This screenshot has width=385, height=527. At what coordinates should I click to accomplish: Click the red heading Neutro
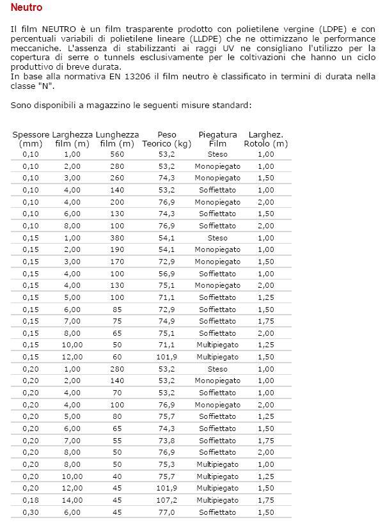[27, 8]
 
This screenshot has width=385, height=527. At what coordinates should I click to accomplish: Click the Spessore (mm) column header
[31, 139]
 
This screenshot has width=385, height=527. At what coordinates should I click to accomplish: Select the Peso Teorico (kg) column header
[166, 139]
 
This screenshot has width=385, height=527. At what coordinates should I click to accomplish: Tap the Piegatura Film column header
[217, 139]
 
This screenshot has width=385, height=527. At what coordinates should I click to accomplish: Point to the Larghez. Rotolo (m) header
[266, 139]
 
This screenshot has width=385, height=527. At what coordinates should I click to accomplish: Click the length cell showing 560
[117, 155]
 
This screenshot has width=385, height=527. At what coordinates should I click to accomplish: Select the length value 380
[117, 238]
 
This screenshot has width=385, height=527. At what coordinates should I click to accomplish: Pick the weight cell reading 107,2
[166, 500]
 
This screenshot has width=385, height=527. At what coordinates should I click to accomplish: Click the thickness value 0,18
[31, 500]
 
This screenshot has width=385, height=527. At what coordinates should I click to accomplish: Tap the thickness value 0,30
[31, 512]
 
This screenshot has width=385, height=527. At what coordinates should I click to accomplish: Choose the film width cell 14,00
[72, 500]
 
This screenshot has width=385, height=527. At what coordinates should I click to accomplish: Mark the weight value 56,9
[166, 274]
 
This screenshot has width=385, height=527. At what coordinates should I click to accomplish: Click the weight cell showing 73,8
[166, 441]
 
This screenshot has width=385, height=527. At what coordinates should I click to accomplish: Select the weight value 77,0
[166, 512]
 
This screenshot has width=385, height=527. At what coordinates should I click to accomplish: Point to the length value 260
[117, 178]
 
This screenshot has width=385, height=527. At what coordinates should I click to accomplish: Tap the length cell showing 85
[117, 310]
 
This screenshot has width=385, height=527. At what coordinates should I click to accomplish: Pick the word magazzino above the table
[107, 104]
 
